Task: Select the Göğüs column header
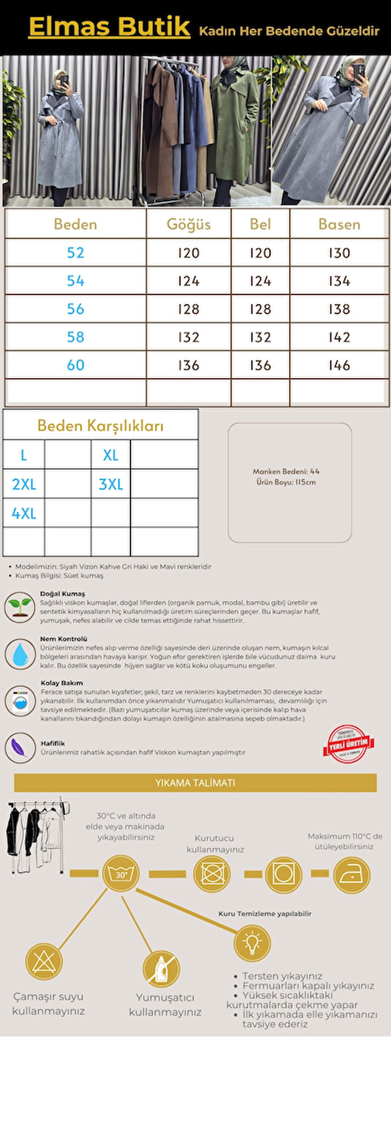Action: coord(189,225)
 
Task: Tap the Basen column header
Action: coord(339,225)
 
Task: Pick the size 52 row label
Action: coord(76,253)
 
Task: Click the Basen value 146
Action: coord(339,365)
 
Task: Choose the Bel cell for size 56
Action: coord(260,309)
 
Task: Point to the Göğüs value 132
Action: coord(189,337)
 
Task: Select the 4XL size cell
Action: coord(24,513)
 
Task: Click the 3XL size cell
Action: coord(110,484)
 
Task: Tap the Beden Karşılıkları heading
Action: coord(100,426)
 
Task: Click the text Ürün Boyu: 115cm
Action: coord(286,482)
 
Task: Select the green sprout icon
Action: coord(20,607)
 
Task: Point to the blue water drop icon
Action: coord(20,653)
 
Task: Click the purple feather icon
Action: coord(20,747)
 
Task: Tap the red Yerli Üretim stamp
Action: coord(349,744)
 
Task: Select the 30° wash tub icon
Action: coord(121,874)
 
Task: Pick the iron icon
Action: coord(352,875)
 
